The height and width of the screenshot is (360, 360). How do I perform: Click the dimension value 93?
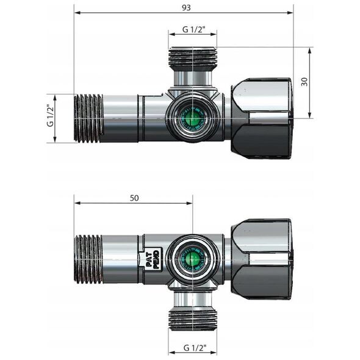(186, 7)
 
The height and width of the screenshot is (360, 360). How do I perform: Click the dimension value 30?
(304, 82)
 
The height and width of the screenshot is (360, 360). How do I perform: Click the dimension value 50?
(134, 198)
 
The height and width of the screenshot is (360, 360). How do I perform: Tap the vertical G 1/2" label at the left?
(50, 115)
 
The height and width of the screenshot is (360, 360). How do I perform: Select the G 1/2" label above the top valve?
(194, 29)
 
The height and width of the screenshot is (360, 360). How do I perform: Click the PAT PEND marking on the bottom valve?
(153, 259)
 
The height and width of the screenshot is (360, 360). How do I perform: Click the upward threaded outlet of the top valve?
(192, 59)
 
